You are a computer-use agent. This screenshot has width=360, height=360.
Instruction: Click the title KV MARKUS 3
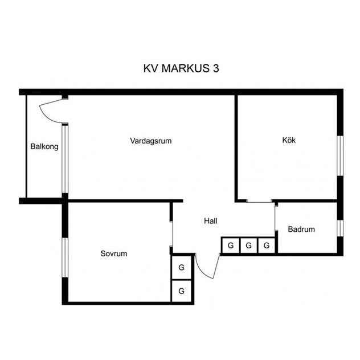click(x=181, y=68)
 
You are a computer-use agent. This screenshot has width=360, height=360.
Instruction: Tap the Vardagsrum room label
click(x=151, y=141)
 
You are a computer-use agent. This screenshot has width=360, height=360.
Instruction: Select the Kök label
click(x=289, y=140)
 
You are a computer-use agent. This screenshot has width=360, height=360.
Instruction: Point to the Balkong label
click(x=44, y=146)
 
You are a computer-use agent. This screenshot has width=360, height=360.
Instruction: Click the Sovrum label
click(x=114, y=253)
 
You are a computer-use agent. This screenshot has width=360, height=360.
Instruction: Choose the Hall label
click(x=211, y=221)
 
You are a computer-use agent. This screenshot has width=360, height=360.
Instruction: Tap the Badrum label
click(x=301, y=229)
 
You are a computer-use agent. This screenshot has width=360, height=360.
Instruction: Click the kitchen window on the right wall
click(x=340, y=156)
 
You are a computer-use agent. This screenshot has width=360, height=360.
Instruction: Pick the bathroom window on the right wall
click(x=340, y=228)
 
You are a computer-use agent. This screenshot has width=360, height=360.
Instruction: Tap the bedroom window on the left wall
click(x=65, y=257)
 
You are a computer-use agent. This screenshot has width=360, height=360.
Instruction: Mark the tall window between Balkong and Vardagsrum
click(x=65, y=158)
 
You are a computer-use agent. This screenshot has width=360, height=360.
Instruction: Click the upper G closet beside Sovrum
click(x=181, y=268)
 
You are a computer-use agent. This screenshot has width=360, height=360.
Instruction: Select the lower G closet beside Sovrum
click(x=181, y=291)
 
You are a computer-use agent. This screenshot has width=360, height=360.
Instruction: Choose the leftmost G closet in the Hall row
click(x=231, y=246)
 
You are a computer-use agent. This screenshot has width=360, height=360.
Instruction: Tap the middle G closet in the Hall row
click(x=249, y=246)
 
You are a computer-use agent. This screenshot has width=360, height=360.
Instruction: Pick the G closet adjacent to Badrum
click(x=267, y=246)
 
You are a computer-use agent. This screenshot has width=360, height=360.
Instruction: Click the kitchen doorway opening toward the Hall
click(x=259, y=201)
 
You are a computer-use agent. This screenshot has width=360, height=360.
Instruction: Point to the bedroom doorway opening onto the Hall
click(x=171, y=234)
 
